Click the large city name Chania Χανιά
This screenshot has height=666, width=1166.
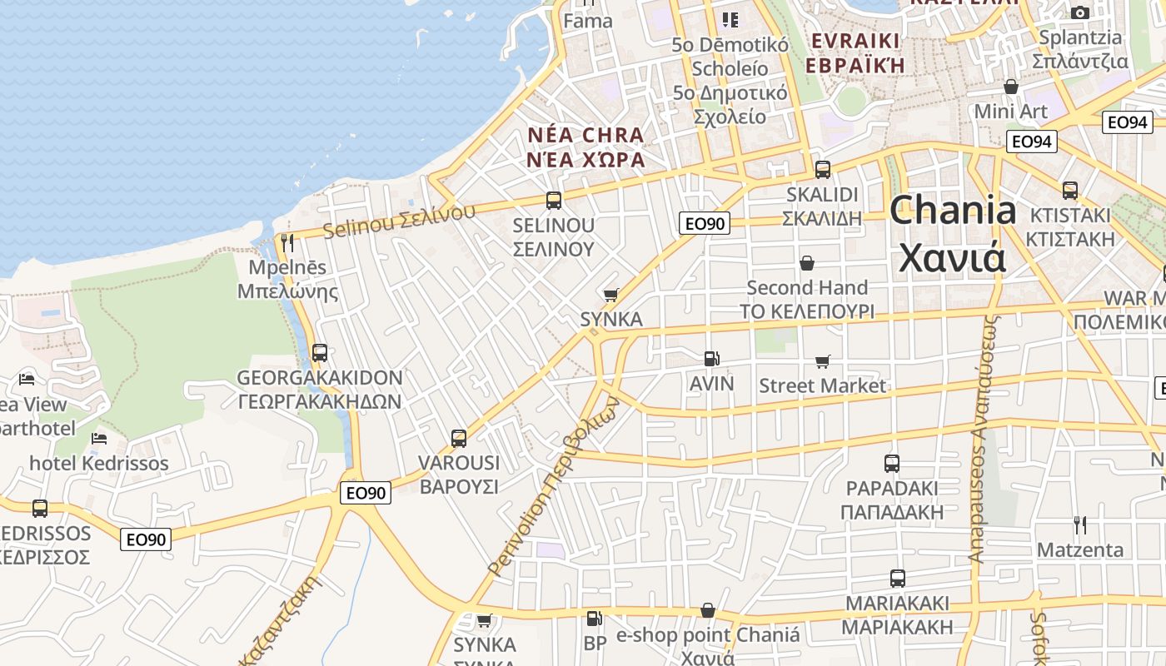tap(953, 235)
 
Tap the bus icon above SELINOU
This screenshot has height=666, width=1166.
tap(554, 200)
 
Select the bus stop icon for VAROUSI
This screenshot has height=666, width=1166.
tap(458, 438)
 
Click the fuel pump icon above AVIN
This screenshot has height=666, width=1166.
tap(711, 359)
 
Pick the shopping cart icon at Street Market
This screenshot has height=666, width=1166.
tap(823, 361)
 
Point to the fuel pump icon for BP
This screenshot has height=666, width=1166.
tap(594, 619)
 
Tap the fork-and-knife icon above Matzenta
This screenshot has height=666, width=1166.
tap(1080, 524)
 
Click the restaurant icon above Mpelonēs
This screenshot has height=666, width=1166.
tap(287, 243)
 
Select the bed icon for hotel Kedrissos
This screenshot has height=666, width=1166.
tap(99, 438)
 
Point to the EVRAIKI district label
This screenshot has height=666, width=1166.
tap(855, 41)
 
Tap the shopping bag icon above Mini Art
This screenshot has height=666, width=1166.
tap(1011, 87)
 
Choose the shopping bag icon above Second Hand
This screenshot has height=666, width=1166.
tap(806, 263)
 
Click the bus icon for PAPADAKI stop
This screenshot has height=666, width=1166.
tap(892, 463)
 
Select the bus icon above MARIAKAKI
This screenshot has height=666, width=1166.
tap(898, 578)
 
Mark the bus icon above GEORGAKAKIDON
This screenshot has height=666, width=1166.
tap(320, 353)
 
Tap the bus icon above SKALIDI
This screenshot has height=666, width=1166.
tap(823, 169)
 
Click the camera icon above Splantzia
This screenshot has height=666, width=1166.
tap(1080, 12)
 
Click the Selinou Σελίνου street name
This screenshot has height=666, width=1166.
tap(399, 219)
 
